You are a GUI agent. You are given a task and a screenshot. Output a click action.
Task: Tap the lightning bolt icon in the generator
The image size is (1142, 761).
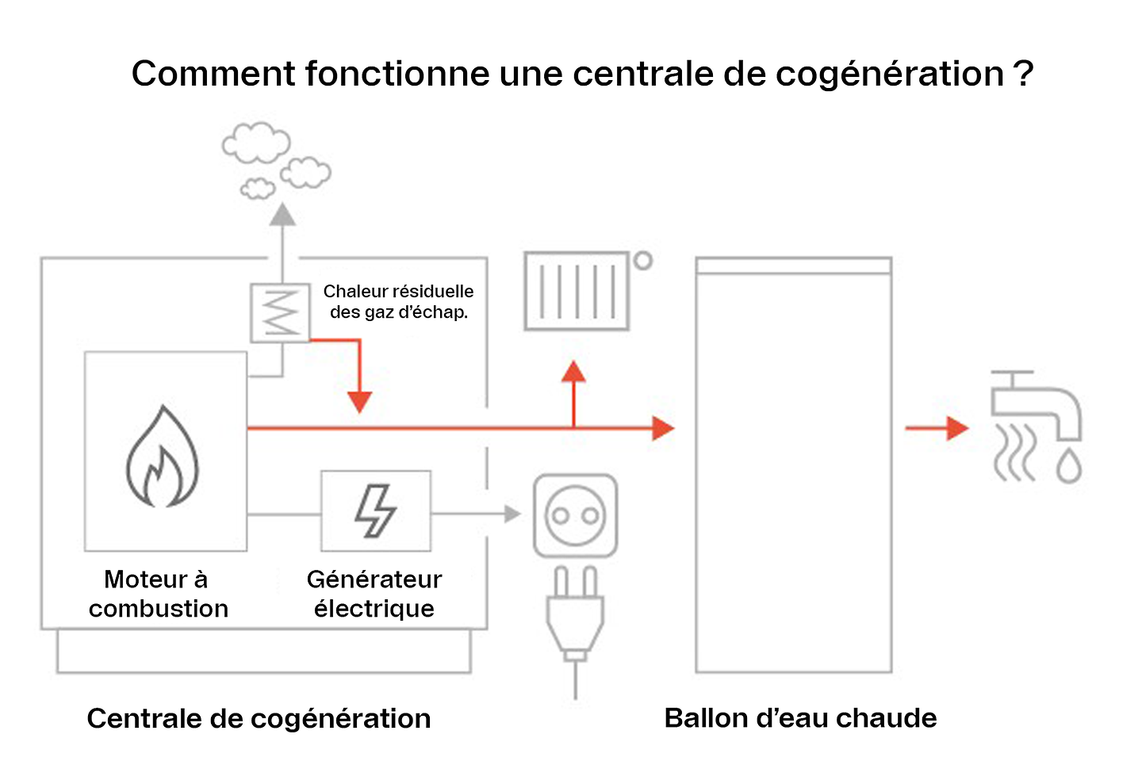(x=375, y=511)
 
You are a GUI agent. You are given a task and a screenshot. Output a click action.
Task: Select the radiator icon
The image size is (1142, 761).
(x=577, y=291)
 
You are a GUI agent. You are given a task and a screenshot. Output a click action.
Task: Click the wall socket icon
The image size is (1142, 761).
(x=575, y=516)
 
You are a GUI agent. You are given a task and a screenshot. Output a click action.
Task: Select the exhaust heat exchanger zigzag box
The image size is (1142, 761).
(x=280, y=312)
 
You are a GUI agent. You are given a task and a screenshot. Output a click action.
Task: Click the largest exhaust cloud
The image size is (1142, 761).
(x=256, y=143)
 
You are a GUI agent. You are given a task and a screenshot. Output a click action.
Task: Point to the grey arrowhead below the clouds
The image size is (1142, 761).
(x=282, y=215)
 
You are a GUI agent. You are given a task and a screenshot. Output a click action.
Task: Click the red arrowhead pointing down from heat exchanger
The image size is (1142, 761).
(x=359, y=401)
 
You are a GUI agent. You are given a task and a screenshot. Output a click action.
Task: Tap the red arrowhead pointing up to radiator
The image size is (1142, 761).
(x=573, y=373)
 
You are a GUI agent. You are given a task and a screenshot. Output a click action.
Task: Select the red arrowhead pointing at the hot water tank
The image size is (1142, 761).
(x=662, y=428)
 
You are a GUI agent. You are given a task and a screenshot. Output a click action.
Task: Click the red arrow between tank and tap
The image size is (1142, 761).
(x=937, y=428)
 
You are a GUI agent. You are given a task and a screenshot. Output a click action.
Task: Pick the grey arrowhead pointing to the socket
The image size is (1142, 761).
(x=512, y=514)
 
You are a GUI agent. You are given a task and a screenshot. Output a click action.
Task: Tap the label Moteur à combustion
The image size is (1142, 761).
(x=158, y=594)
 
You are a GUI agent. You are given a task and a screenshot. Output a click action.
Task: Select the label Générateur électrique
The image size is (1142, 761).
(x=374, y=594)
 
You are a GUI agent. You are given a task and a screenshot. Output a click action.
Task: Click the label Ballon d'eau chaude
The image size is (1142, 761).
(x=800, y=717)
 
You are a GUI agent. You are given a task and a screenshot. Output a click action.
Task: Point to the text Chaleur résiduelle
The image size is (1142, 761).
(x=398, y=292)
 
